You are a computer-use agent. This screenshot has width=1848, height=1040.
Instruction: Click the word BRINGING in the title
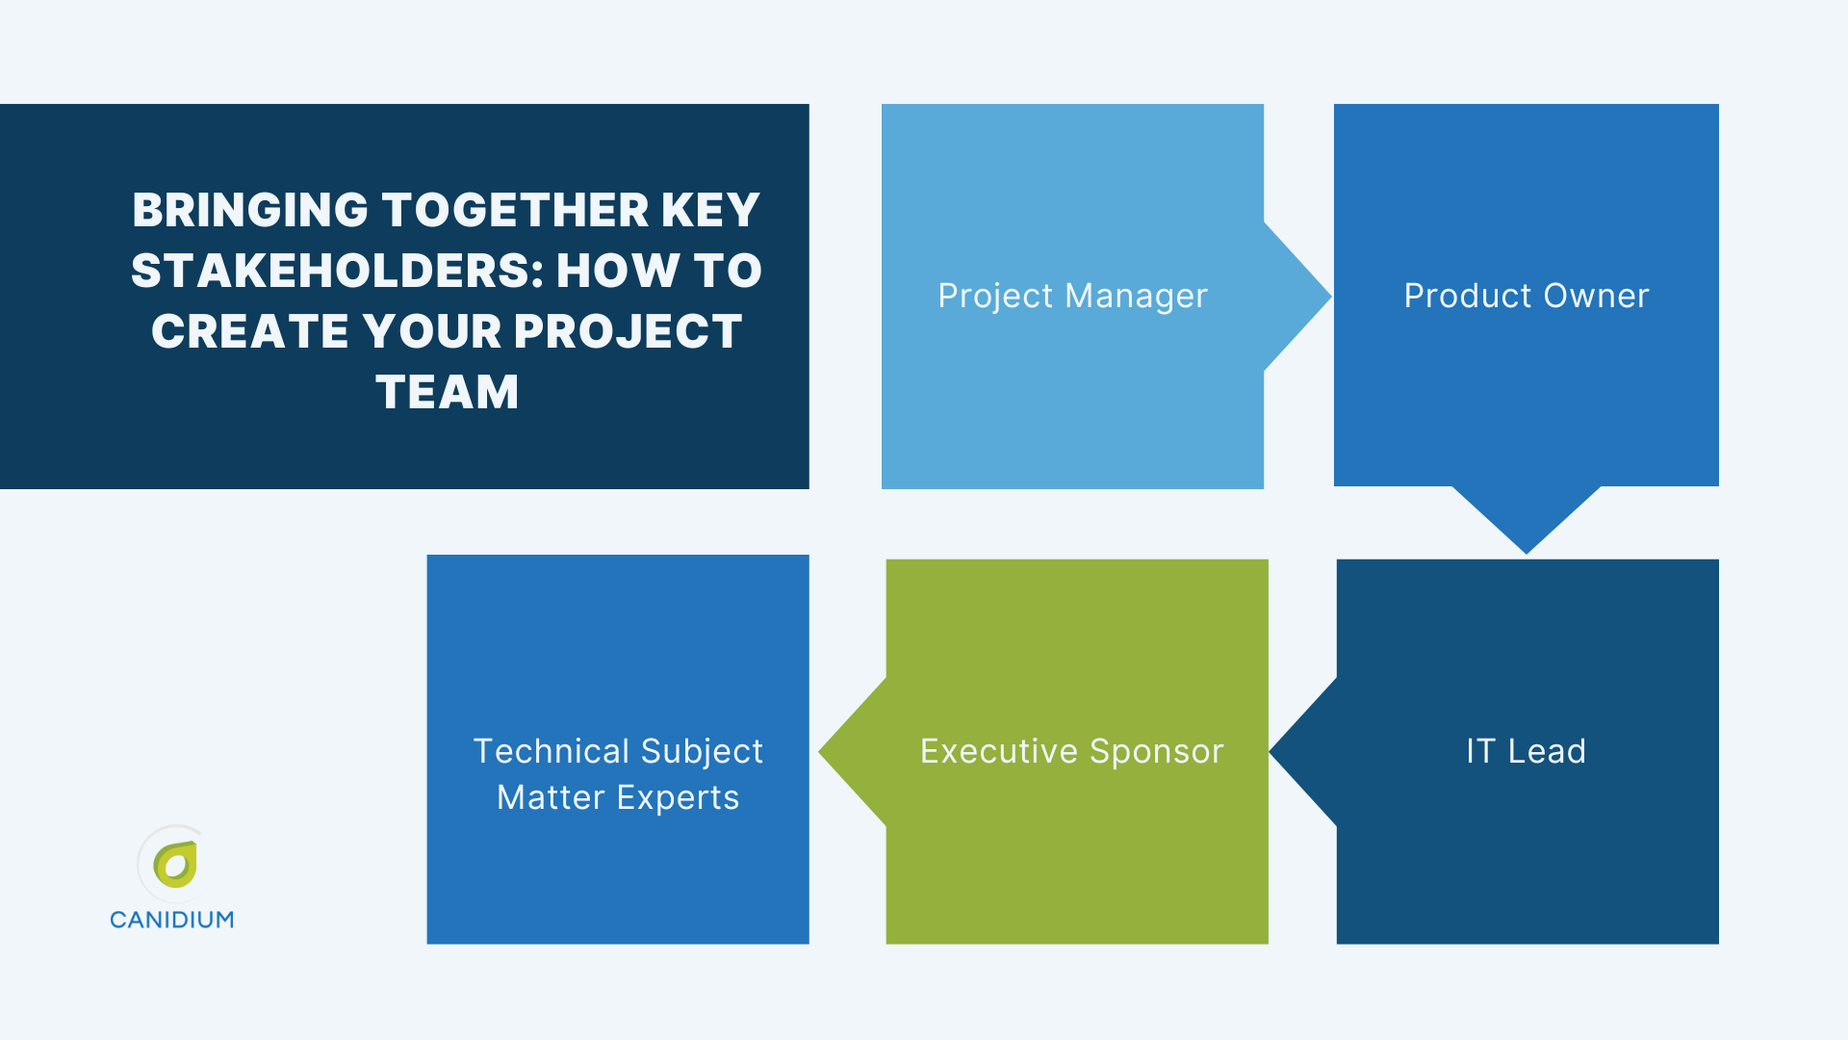tap(250, 210)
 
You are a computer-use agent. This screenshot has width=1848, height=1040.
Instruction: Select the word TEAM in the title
tap(447, 392)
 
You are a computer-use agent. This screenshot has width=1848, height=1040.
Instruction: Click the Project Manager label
tap(1072, 296)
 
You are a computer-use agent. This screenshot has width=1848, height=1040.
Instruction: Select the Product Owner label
tap(1526, 296)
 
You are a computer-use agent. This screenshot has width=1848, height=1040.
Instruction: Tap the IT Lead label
tap(1526, 751)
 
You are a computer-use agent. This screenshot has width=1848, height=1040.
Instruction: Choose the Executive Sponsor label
tap(1071, 751)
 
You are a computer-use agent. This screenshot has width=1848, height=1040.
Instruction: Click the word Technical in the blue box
tap(551, 751)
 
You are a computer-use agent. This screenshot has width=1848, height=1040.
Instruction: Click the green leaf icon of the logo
tap(175, 865)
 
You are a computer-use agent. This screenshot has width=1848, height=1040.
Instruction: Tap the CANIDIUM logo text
tap(171, 920)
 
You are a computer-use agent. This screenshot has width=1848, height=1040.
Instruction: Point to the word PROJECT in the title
tap(628, 331)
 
